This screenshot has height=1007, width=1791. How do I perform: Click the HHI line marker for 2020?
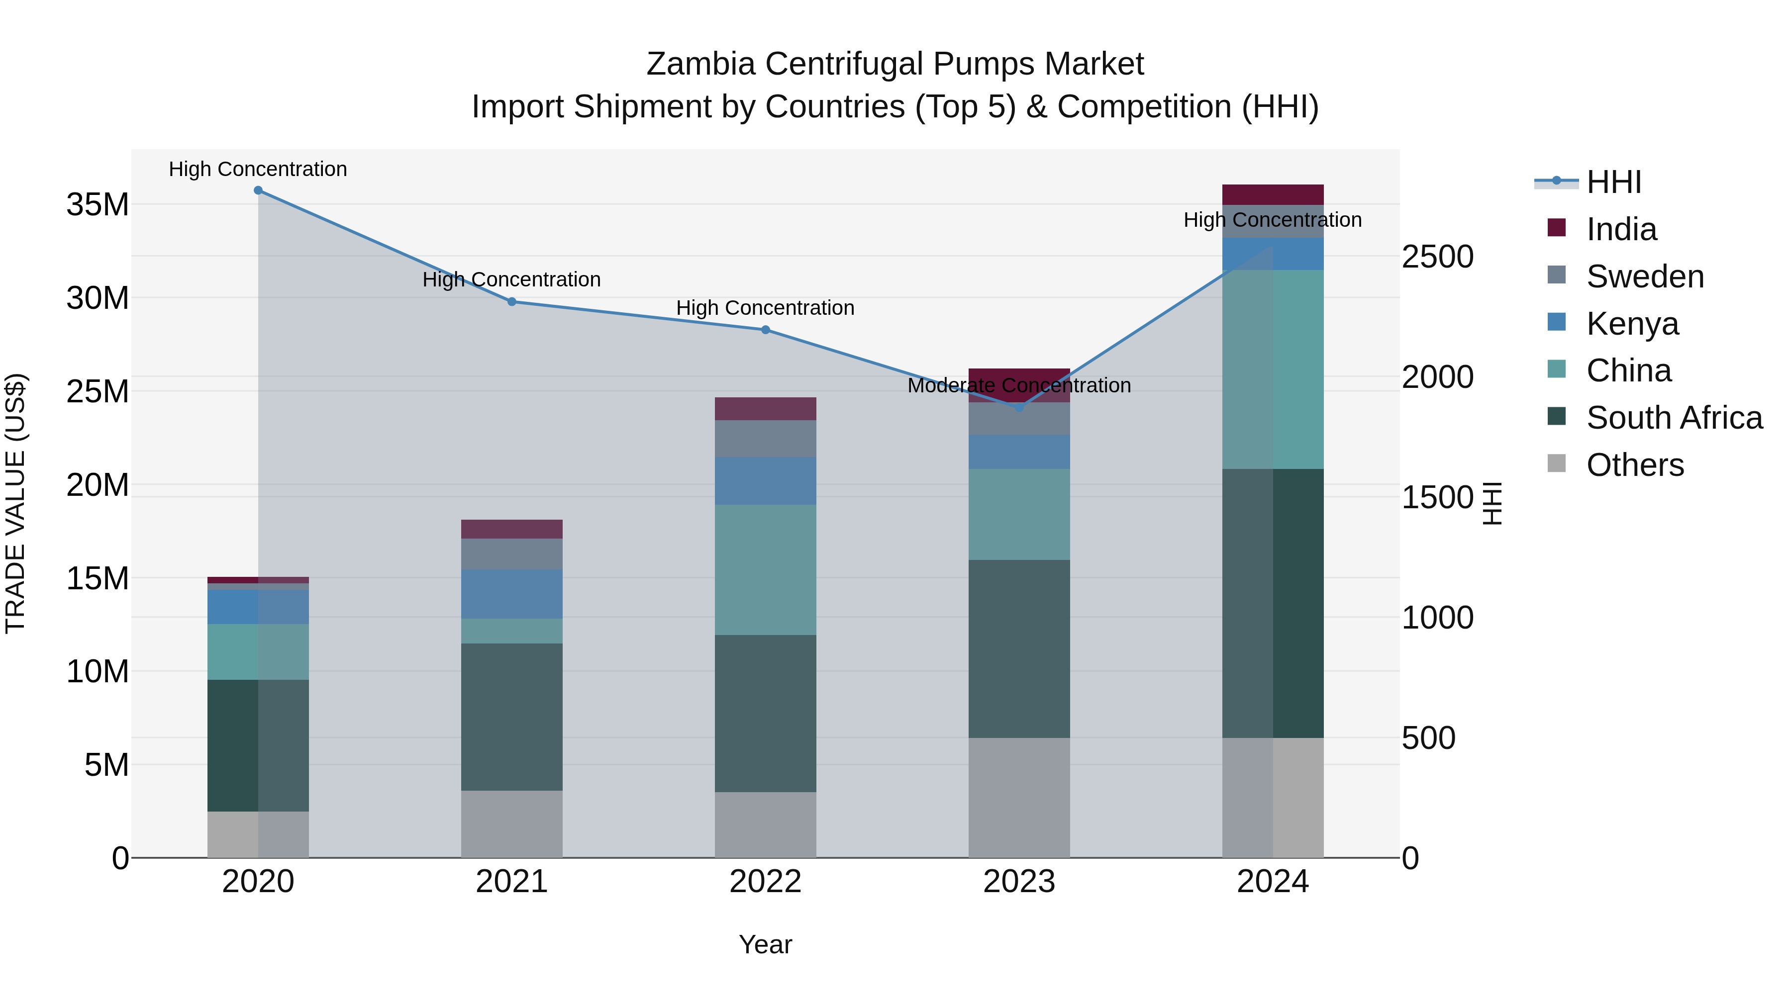(258, 190)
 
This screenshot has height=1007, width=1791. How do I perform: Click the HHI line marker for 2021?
(512, 302)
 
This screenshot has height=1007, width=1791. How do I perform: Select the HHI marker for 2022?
(766, 330)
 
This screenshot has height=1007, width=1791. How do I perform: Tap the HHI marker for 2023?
(1019, 408)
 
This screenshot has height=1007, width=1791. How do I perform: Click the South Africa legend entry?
(1674, 418)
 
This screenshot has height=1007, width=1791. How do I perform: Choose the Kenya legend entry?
(1632, 324)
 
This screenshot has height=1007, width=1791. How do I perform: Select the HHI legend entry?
(1613, 182)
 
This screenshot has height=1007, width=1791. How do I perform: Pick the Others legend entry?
(1635, 465)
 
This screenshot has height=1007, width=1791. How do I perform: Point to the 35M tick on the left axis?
(98, 205)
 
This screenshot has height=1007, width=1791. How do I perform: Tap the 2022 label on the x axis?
(766, 882)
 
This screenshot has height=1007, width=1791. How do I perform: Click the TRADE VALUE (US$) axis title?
(16, 503)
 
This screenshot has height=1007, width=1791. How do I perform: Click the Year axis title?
(766, 944)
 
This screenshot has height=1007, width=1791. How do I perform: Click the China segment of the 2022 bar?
(766, 570)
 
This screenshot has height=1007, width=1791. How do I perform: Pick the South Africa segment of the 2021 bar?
(512, 717)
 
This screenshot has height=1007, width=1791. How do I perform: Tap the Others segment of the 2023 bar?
(1019, 797)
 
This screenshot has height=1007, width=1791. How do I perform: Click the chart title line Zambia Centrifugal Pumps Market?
(895, 64)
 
